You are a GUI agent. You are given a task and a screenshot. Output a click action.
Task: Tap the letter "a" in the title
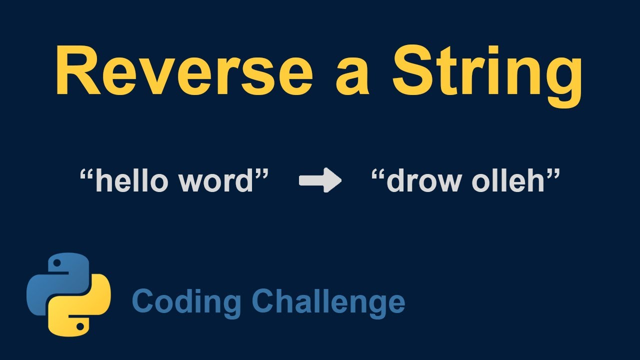pyautogui.click(x=352, y=77)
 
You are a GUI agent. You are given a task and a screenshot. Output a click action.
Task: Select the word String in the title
pyautogui.click(x=487, y=72)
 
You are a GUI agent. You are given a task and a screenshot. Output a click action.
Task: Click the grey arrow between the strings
pyautogui.click(x=320, y=180)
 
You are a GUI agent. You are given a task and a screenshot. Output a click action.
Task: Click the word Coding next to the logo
pyautogui.click(x=187, y=301)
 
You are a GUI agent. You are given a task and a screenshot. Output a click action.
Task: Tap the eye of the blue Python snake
pyautogui.click(x=56, y=263)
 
